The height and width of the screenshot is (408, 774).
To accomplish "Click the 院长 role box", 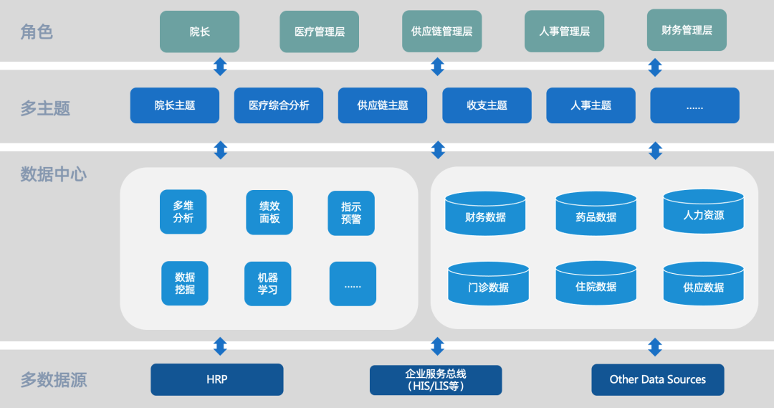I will pyautogui.click(x=199, y=32).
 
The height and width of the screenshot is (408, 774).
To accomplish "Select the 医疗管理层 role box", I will pyautogui.click(x=319, y=32).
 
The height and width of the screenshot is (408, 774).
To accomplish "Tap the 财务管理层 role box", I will pyautogui.click(x=687, y=30).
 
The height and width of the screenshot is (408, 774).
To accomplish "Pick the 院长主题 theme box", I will pyautogui.click(x=175, y=105).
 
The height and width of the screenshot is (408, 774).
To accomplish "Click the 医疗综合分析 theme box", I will pyautogui.click(x=279, y=105).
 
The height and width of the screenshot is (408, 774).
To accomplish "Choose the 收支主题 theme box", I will pyautogui.click(x=487, y=105).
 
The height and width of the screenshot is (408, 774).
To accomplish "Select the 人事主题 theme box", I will pyautogui.click(x=591, y=105).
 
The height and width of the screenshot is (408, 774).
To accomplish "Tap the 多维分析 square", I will pyautogui.click(x=183, y=212).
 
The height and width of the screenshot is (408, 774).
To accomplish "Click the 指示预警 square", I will pyautogui.click(x=351, y=213).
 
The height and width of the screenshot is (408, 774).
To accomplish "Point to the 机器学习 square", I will pyautogui.click(x=267, y=284).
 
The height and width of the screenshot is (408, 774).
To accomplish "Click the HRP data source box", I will pyautogui.click(x=216, y=379).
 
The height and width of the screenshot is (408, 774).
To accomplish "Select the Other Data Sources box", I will pyautogui.click(x=657, y=379).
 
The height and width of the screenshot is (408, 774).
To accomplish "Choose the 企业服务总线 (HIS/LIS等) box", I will pyautogui.click(x=436, y=379).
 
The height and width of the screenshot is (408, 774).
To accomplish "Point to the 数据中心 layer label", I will pyautogui.click(x=53, y=174).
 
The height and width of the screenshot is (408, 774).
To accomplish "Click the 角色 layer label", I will pyautogui.click(x=37, y=32).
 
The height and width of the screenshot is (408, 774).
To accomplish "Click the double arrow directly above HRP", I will pyautogui.click(x=220, y=346).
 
